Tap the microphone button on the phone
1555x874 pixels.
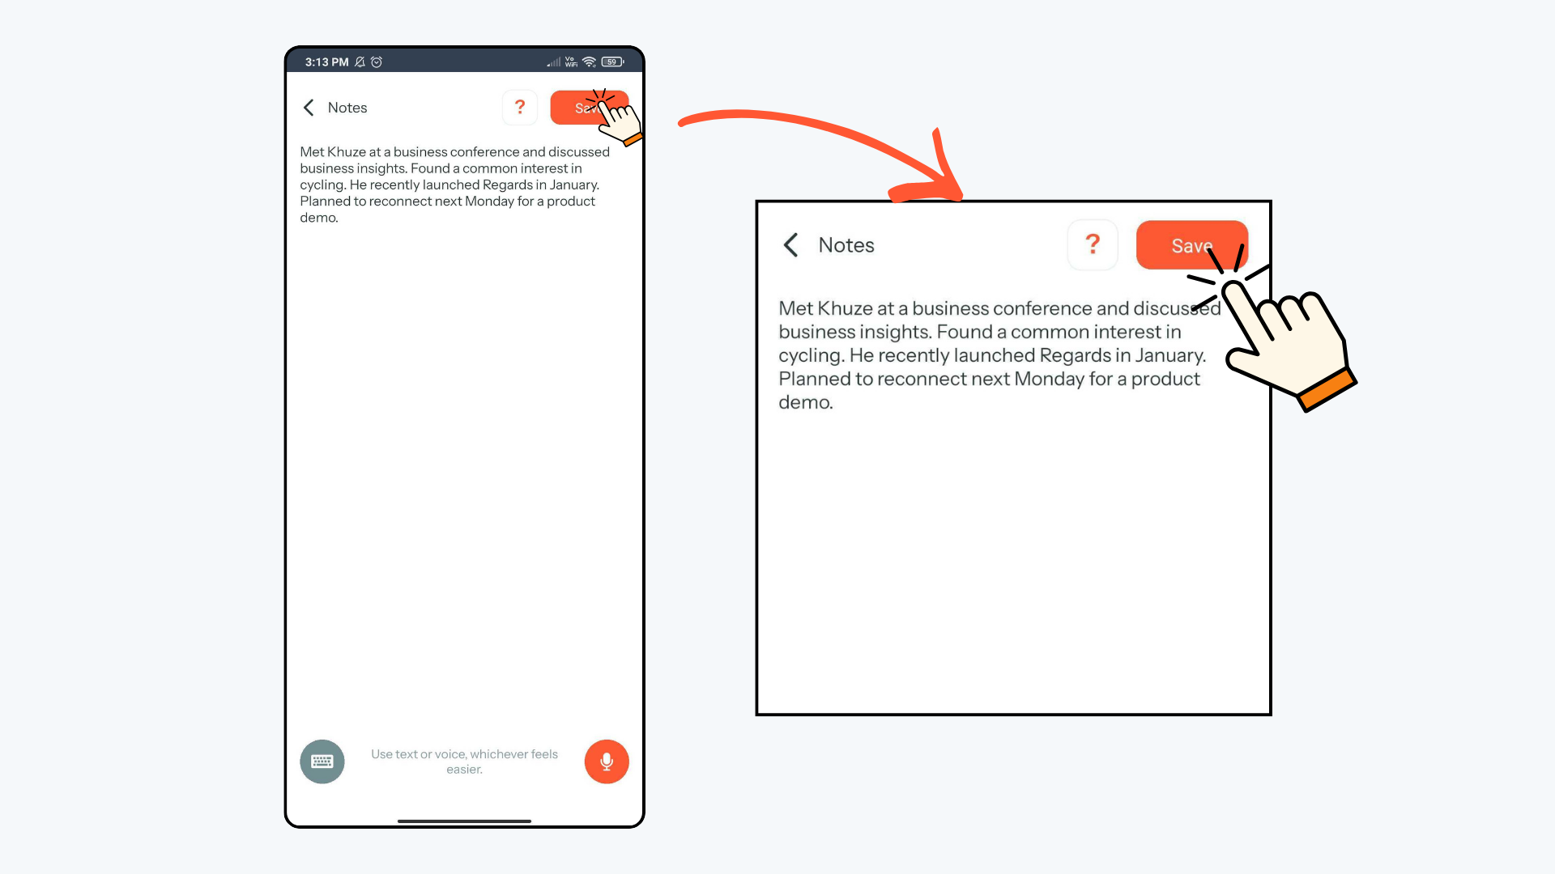point(607,762)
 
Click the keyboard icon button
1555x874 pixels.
point(322,762)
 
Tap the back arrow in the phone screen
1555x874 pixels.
point(309,108)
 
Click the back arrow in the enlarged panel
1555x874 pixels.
point(791,245)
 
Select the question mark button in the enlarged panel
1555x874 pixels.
point(1093,244)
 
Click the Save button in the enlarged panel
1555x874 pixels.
point(1191,245)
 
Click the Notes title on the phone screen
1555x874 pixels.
point(347,108)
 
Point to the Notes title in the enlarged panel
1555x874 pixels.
point(846,245)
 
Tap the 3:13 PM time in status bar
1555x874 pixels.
point(326,62)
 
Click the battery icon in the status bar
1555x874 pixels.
point(612,62)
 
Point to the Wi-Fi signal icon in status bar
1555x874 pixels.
point(589,62)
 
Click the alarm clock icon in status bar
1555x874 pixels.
point(377,62)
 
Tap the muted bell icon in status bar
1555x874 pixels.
point(360,62)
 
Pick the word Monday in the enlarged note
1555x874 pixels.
point(1049,379)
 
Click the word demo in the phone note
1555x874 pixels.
point(317,218)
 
